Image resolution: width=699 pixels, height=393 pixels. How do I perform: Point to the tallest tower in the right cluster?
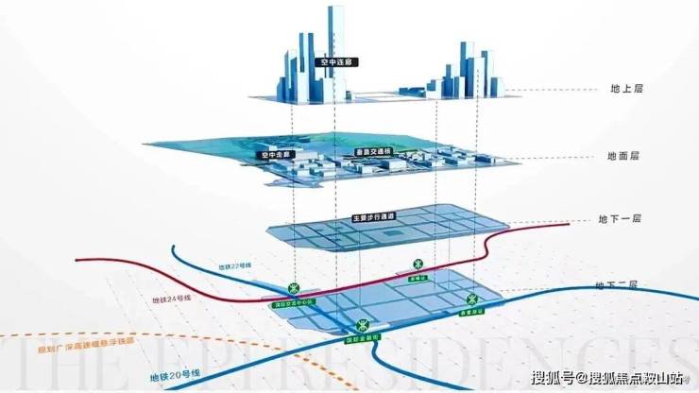coord(464,66)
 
